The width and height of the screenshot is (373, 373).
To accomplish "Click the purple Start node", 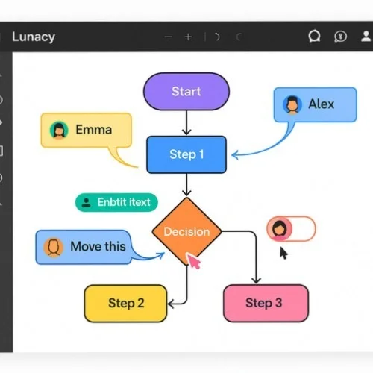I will point(186,92).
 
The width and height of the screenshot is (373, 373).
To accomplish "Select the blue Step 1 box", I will point(186,154).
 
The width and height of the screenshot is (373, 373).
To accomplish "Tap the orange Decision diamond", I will point(186,231).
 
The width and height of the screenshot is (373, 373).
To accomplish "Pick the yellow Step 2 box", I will point(126,303).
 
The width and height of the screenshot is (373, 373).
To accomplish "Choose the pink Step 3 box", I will point(266,303).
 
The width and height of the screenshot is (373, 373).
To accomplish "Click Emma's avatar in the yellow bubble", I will point(59,130).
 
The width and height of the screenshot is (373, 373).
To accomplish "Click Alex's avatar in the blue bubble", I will point(292,104).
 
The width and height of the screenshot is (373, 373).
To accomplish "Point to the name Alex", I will point(322,104).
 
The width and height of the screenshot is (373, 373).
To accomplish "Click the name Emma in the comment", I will point(93,130).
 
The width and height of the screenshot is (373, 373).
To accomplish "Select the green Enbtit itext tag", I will point(116,201).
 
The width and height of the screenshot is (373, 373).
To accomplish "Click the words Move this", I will point(98,246).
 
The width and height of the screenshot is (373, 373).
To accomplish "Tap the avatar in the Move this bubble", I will point(53,246).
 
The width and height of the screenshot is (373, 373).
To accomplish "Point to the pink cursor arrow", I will point(194,261).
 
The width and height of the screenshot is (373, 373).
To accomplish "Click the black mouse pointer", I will point(283,253).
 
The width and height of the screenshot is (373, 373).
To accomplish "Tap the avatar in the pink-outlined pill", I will point(280,228).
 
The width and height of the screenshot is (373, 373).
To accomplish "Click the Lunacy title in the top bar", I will point(33,37).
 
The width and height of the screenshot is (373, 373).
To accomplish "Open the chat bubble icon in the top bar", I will point(314,36).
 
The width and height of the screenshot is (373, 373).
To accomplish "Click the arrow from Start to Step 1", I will point(186,122).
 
